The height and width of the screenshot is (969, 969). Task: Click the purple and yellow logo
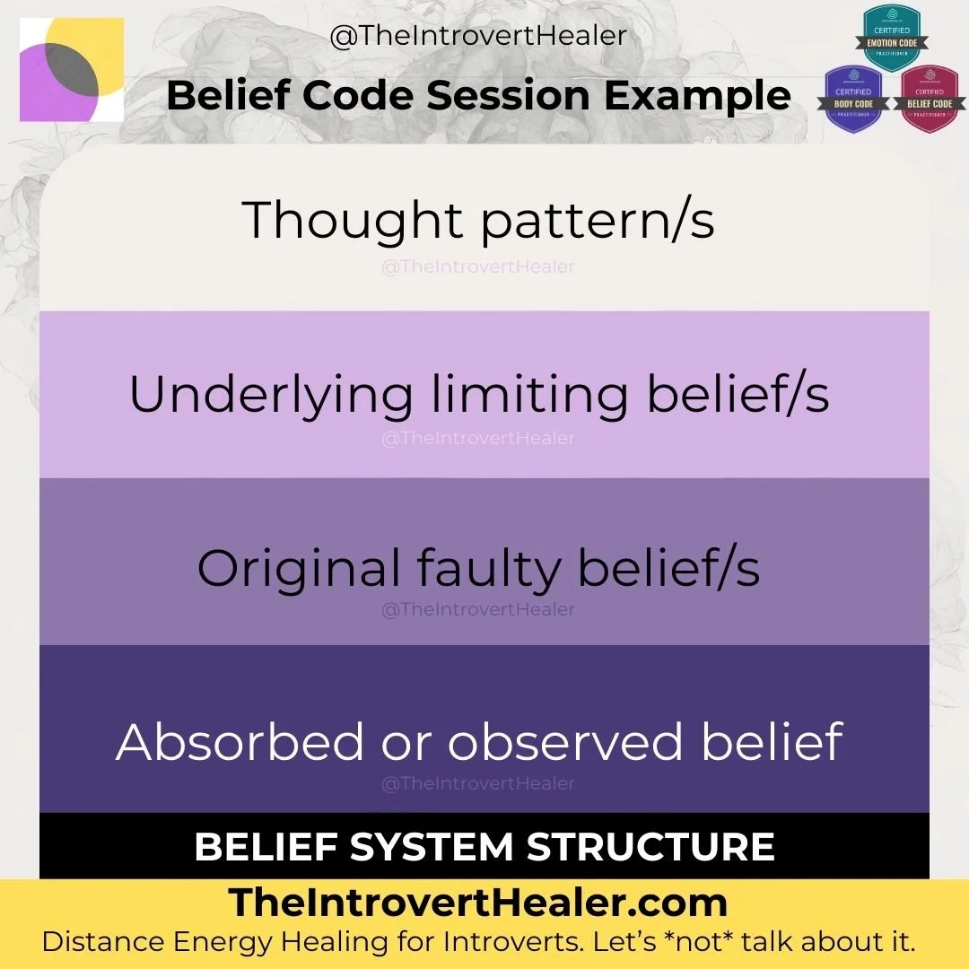coord(71,70)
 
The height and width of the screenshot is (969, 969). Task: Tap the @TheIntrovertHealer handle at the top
coord(478,37)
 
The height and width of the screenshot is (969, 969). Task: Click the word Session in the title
coord(516,95)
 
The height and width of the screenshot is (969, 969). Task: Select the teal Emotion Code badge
coord(891,37)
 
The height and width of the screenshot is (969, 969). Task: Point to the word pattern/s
coord(598,222)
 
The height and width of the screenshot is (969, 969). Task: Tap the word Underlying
coord(271,395)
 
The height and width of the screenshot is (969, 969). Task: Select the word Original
coord(299,568)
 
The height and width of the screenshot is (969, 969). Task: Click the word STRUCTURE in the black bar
coord(651,847)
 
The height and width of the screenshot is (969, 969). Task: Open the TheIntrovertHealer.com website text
coord(477,903)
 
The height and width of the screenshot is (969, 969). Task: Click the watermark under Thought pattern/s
coord(477,266)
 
